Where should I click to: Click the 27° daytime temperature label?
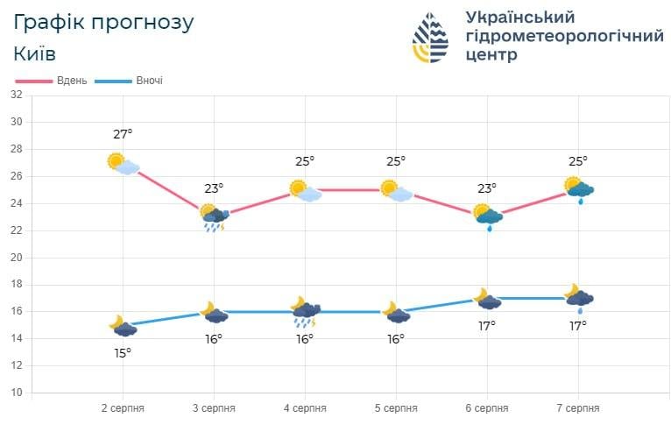pyautogui.click(x=123, y=134)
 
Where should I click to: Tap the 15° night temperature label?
pyautogui.click(x=123, y=352)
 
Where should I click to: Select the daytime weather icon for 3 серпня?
pyautogui.click(x=214, y=217)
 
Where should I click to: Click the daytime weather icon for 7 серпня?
pyautogui.click(x=579, y=189)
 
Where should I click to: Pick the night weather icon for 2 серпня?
pyautogui.click(x=124, y=326)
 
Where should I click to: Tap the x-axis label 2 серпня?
pyautogui.click(x=123, y=408)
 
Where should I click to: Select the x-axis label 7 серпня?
pyautogui.click(x=578, y=408)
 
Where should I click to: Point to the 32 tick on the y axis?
pyautogui.click(x=16, y=95)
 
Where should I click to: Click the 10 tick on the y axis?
pyautogui.click(x=16, y=393)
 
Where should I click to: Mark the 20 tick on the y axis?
pyautogui.click(x=16, y=258)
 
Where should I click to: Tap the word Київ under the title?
pyautogui.click(x=35, y=53)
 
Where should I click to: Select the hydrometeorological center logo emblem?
pyautogui.click(x=430, y=38)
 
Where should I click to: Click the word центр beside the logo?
pyautogui.click(x=491, y=54)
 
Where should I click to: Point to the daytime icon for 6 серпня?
pyautogui.click(x=488, y=216)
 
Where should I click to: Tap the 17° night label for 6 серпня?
pyautogui.click(x=487, y=326)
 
